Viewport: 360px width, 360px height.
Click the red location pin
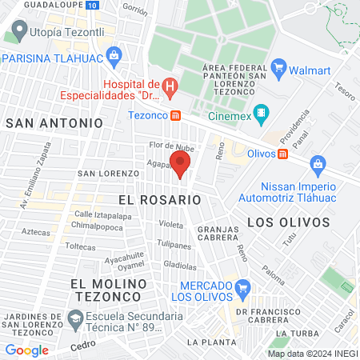pyautogui.click(x=181, y=164)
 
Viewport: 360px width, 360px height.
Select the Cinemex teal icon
pyautogui.click(x=260, y=113)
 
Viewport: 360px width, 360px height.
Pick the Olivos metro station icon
pyautogui.click(x=282, y=154)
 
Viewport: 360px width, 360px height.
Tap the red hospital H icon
pyautogui.click(x=169, y=86)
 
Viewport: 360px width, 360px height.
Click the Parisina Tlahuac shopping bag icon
pyautogui.click(x=114, y=57)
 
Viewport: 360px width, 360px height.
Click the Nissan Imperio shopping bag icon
pyautogui.click(x=318, y=164)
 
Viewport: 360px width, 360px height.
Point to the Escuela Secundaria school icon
pyautogui.click(x=74, y=320)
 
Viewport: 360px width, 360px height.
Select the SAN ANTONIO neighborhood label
pyautogui.click(x=54, y=123)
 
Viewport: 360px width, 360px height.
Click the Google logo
pyautogui.click(x=26, y=350)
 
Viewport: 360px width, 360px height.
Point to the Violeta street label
pyautogui.click(x=170, y=225)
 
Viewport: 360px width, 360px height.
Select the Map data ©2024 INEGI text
pyautogui.click(x=312, y=353)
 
